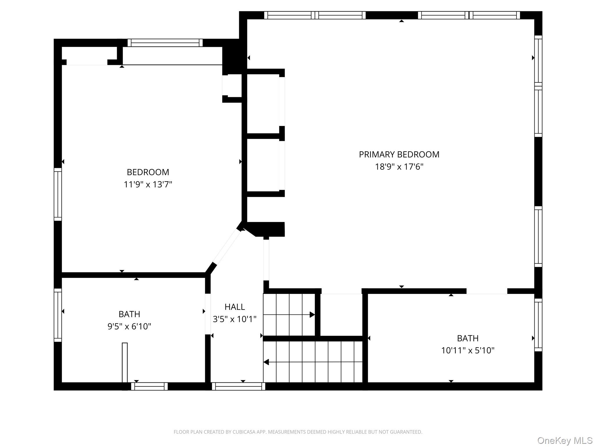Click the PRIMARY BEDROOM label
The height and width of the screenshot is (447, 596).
coord(399,155)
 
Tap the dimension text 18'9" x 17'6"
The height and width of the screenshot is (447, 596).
coord(399,167)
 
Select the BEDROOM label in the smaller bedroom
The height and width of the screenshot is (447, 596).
coord(148,172)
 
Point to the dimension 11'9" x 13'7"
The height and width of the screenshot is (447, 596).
coord(148,185)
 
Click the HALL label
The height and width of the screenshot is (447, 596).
coord(235,307)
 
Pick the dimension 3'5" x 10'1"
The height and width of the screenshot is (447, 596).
coord(235,319)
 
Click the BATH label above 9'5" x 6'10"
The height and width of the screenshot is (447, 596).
coord(129,314)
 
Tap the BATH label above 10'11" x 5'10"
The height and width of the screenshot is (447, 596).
coord(468,338)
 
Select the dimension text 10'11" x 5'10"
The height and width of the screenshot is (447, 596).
coord(468,350)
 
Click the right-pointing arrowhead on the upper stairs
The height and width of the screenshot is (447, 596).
coord(312,315)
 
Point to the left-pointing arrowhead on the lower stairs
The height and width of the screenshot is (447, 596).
coord(266,362)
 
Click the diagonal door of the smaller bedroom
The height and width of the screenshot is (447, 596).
coord(227,247)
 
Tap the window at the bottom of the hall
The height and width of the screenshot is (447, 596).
coord(238,386)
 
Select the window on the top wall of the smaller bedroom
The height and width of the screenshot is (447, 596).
coord(165,43)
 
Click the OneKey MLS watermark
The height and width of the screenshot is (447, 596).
coord(565,441)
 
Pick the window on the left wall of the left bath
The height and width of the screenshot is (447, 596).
coord(58,315)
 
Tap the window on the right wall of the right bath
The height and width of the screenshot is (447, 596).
coord(538,325)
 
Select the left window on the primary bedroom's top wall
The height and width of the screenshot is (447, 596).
coord(315,15)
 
